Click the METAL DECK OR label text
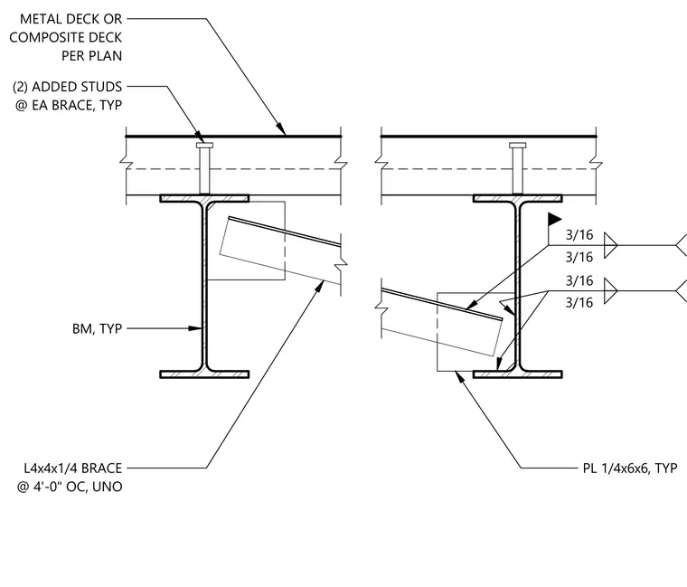click(71, 19)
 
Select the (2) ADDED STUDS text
click(68, 87)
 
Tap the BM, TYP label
click(98, 328)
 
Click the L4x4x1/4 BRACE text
click(72, 469)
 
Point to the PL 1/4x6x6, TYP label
click(630, 469)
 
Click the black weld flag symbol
click(555, 219)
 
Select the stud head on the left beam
click(204, 145)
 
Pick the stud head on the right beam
click(517, 145)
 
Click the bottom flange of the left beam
click(204, 374)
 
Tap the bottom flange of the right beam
click(518, 374)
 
